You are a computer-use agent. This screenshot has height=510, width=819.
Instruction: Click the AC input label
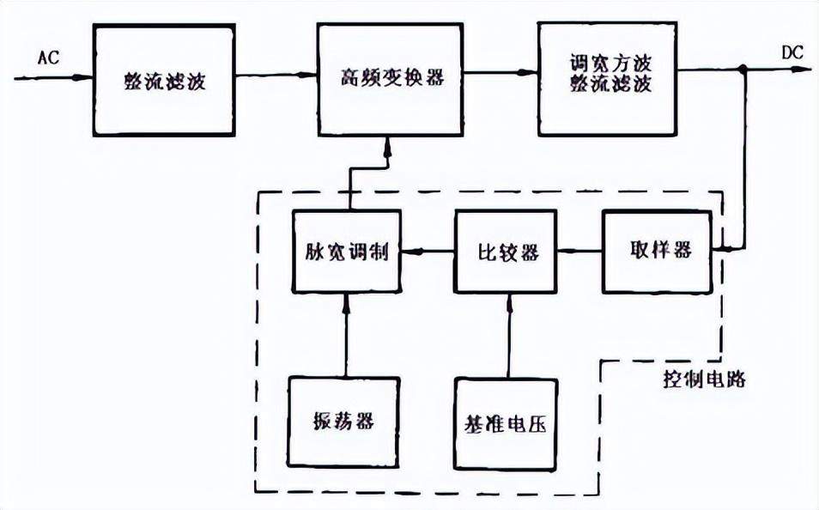pyautogui.click(x=49, y=57)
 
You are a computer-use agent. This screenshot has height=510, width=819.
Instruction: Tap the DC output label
pyautogui.click(x=792, y=52)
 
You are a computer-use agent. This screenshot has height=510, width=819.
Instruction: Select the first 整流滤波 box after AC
pyautogui.click(x=164, y=81)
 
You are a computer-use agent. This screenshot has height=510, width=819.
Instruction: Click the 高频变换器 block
pyautogui.click(x=390, y=80)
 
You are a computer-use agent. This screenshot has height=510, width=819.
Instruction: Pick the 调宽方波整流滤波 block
pyautogui.click(x=609, y=80)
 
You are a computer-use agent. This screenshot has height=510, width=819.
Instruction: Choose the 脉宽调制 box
pyautogui.click(x=346, y=252)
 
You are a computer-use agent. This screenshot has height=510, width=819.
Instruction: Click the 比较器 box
pyautogui.click(x=507, y=252)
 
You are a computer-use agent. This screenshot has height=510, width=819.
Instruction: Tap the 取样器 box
pyautogui.click(x=657, y=252)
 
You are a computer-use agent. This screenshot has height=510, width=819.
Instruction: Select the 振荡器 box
pyautogui.click(x=343, y=422)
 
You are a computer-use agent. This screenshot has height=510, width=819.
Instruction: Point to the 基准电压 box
pyautogui.click(x=506, y=422)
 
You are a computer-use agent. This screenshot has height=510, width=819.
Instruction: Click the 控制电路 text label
pyautogui.click(x=704, y=379)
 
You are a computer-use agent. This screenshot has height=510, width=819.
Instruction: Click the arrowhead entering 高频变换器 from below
pyautogui.click(x=387, y=145)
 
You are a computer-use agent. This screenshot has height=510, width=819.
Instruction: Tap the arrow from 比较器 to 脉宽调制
pyautogui.click(x=428, y=252)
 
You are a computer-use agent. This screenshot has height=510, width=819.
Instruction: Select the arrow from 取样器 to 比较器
pyautogui.click(x=579, y=252)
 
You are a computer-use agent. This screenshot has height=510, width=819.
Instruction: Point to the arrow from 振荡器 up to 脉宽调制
pyautogui.click(x=345, y=335)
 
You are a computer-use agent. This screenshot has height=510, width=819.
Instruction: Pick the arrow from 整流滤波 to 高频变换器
pyautogui.click(x=276, y=76)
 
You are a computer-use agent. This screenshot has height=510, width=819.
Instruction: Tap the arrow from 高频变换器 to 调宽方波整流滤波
pyautogui.click(x=500, y=73)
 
